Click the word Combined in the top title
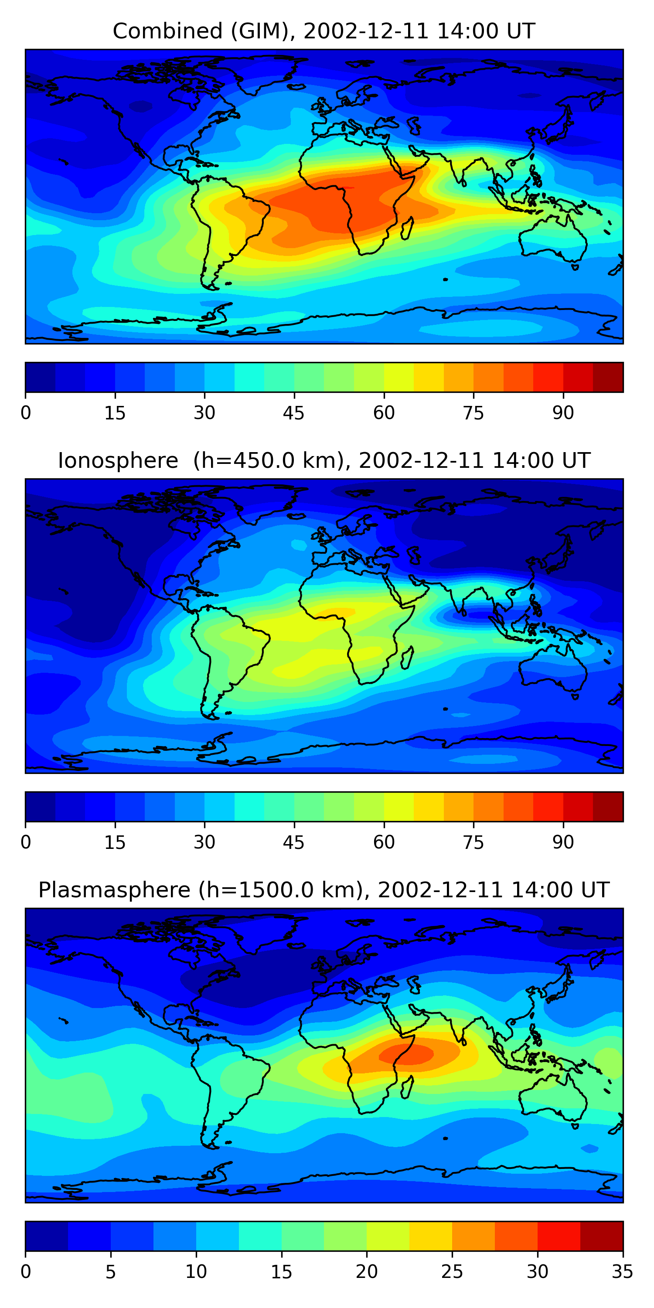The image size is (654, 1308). click(167, 31)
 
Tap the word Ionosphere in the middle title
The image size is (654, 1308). click(118, 460)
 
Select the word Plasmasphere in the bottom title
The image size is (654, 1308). click(114, 890)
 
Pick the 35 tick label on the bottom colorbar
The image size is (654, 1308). click(622, 1271)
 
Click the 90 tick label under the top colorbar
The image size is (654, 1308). click(562, 413)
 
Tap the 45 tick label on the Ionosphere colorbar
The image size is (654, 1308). click(293, 842)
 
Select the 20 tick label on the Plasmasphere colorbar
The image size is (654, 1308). click(366, 1271)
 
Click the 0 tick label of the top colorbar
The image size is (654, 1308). click(26, 413)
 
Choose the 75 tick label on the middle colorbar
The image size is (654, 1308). click(473, 842)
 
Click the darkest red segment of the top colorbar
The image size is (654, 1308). click(608, 377)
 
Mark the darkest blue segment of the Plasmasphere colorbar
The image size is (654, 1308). click(47, 1236)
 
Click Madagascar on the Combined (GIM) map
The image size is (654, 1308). click(407, 228)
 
